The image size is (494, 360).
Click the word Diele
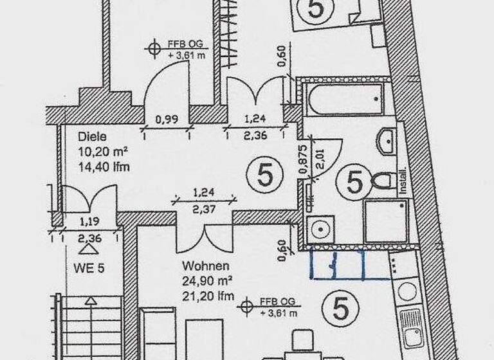point(91,137)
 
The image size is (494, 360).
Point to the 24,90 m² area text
point(206,280)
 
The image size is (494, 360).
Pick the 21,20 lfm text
point(206,296)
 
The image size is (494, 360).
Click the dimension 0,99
point(167,119)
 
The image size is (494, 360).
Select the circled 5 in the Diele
point(264,175)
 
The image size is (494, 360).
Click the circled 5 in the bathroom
point(354,182)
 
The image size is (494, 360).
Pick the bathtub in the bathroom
point(346,99)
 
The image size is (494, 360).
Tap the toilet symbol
point(383,181)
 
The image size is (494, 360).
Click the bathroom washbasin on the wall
point(388,141)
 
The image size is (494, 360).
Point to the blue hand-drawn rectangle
point(337,264)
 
